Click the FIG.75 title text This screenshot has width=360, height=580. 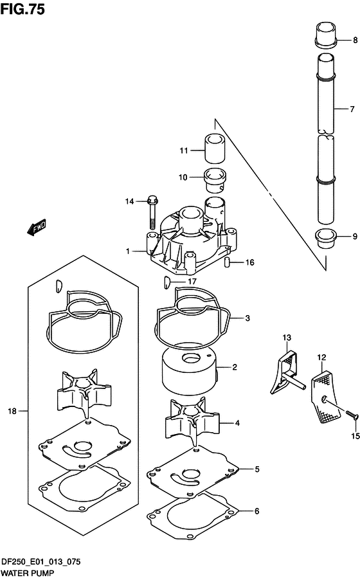(22, 9)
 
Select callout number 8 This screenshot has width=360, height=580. (355, 40)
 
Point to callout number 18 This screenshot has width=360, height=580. (12, 411)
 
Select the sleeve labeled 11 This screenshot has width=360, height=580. (215, 149)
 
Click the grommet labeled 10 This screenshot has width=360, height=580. (215, 181)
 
